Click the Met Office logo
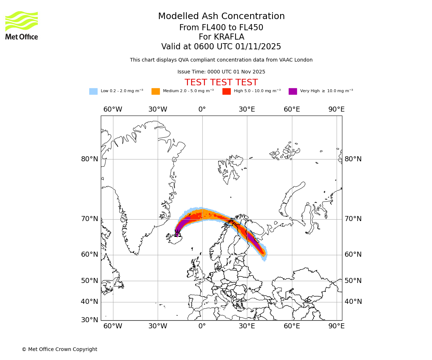(x=22, y=25)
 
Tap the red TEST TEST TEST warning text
(x=221, y=82)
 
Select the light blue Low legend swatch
(x=93, y=91)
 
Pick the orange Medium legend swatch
(x=156, y=91)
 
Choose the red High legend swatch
(x=226, y=91)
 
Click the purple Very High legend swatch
(x=293, y=91)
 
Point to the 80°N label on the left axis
(x=90, y=159)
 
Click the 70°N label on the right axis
(x=353, y=219)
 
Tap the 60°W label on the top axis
(x=113, y=109)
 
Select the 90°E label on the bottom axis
(x=336, y=326)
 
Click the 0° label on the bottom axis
(x=202, y=326)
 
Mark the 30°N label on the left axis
(x=90, y=320)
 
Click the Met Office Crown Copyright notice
(x=59, y=349)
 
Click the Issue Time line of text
(x=221, y=72)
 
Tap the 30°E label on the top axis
(x=247, y=109)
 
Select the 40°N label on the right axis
(x=353, y=302)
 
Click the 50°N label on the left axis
(x=90, y=281)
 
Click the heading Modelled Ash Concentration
(x=221, y=17)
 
